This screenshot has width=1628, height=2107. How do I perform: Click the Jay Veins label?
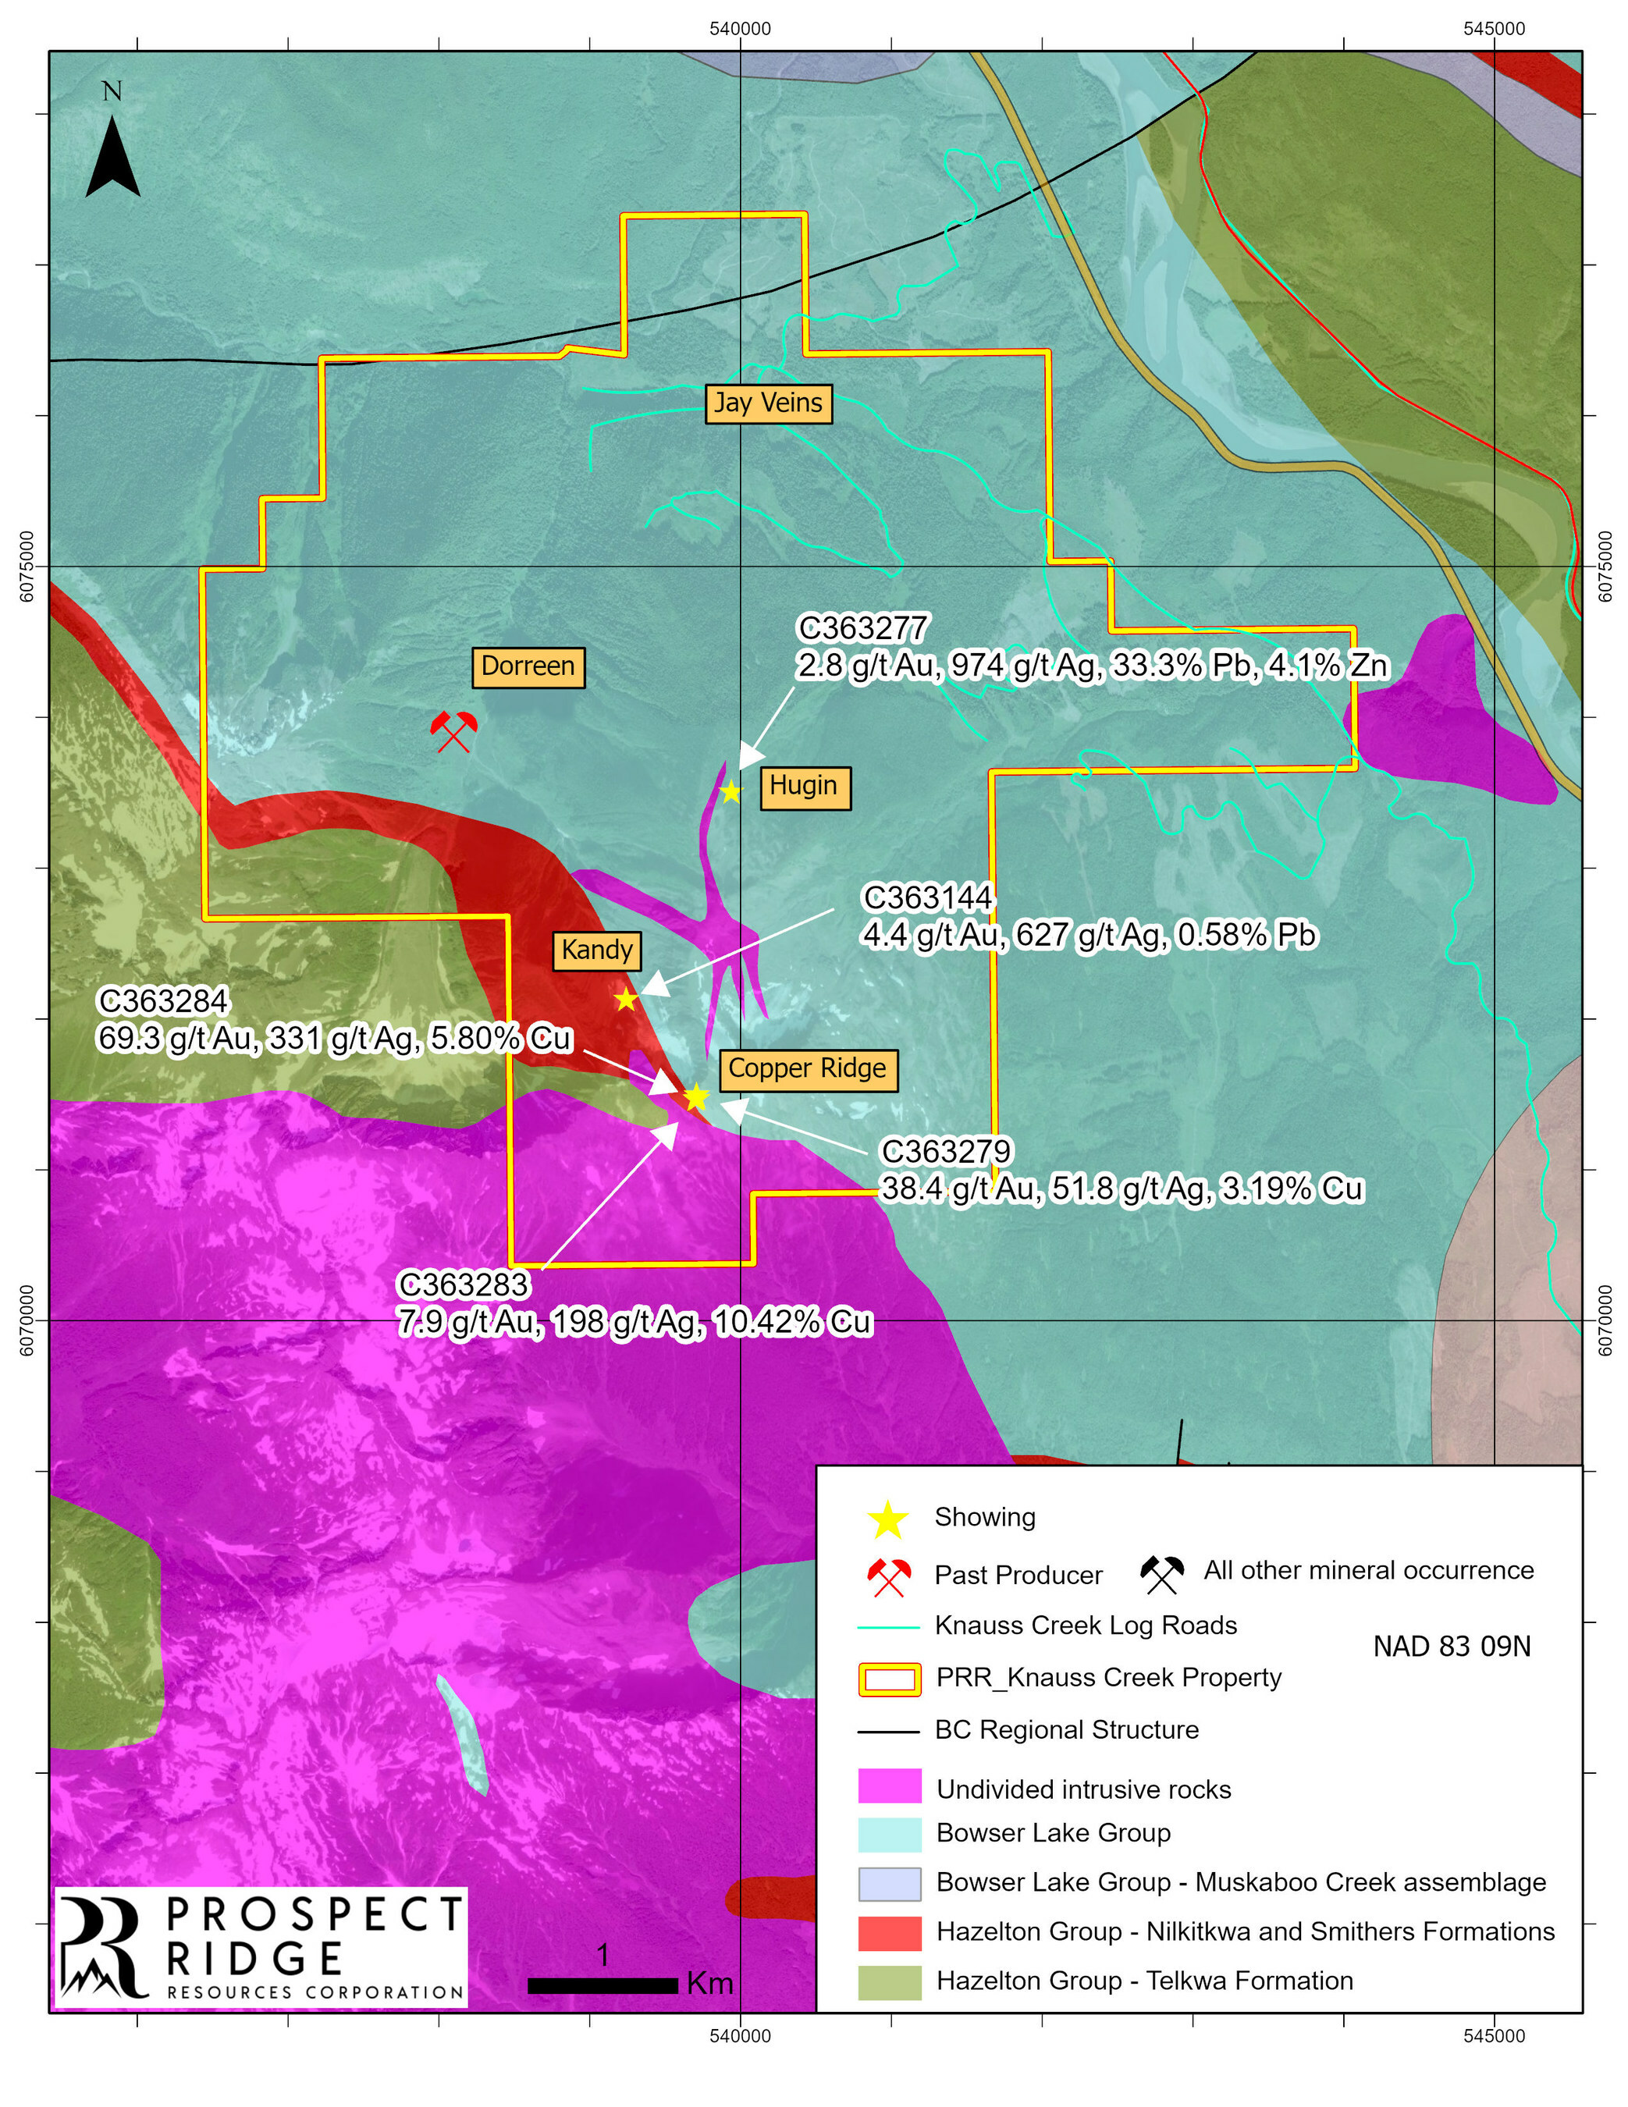tap(767, 403)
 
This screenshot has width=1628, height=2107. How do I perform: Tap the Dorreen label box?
tap(528, 666)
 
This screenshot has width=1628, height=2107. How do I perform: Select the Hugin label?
tap(804, 787)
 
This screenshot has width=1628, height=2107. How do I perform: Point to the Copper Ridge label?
tap(807, 1068)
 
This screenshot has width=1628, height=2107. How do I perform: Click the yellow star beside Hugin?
tap(731, 793)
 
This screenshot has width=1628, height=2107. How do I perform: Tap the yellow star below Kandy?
tap(626, 1000)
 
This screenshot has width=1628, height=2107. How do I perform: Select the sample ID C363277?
tap(862, 628)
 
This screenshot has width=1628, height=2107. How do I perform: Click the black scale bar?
tap(603, 1985)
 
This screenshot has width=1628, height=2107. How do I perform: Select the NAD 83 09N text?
tap(1452, 1645)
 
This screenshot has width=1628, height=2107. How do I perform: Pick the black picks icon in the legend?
tap(1162, 1576)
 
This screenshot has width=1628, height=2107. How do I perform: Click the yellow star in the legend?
tap(888, 1520)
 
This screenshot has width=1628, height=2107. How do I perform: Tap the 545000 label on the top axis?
tap(1494, 29)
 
